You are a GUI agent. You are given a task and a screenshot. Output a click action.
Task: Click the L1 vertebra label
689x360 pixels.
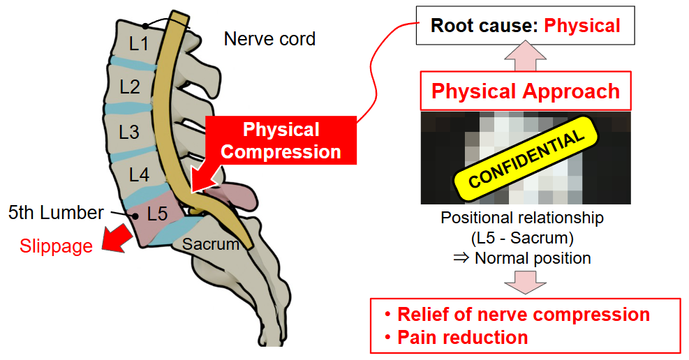coord(139,44)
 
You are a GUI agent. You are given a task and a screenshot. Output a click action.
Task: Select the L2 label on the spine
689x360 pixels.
coord(130,87)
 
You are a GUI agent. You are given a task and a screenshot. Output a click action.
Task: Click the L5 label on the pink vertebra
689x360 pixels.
coord(157,214)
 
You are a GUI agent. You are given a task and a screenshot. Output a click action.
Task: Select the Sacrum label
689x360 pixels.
coord(211,244)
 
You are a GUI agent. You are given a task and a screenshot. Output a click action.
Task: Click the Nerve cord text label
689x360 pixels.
coord(269,39)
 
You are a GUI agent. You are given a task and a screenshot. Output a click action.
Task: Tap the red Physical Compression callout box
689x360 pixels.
coord(281,141)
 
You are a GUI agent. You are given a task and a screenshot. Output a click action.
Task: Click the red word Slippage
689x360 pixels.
coord(56,246)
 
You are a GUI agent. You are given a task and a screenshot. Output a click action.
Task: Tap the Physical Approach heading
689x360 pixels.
coord(525,91)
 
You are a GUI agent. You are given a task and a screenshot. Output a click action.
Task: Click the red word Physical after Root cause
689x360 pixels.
coord(582,26)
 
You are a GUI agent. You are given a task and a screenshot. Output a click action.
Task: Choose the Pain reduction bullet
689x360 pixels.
coord(462,338)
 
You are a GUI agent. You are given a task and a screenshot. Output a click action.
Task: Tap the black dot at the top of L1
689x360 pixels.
coord(145,26)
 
